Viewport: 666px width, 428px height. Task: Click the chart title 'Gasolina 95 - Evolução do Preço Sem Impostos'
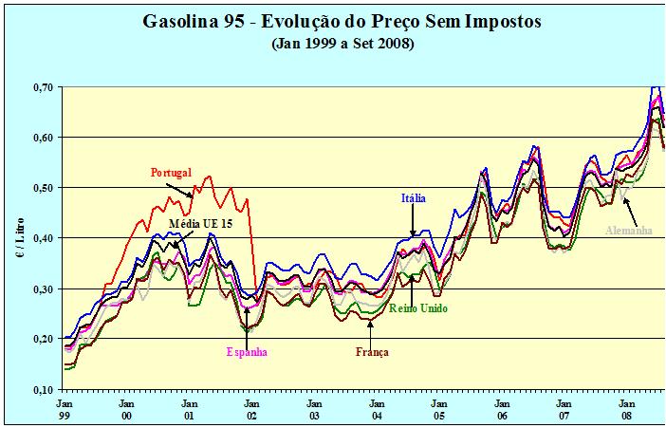[x=334, y=20]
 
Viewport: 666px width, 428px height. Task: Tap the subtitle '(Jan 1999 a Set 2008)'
[x=334, y=43]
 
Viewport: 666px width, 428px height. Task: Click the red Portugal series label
[x=171, y=173]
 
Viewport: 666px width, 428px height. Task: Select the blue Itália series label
[x=414, y=198]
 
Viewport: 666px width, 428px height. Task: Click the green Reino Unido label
[x=418, y=308]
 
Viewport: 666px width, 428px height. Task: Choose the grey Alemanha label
[x=635, y=229]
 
